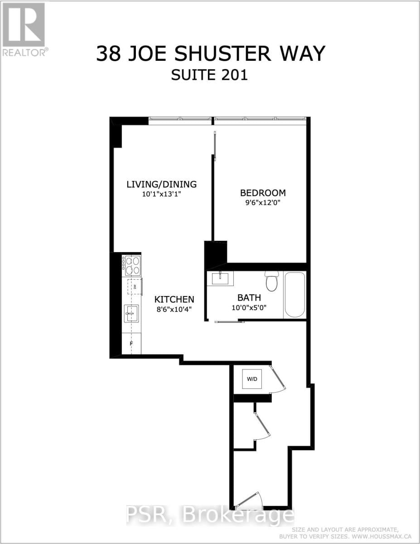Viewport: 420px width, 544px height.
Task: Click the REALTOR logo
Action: tap(24, 29)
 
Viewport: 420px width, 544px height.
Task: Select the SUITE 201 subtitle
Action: tap(209, 75)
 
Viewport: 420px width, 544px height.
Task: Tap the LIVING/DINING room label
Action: tap(161, 184)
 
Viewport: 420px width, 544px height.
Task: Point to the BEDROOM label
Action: tap(263, 192)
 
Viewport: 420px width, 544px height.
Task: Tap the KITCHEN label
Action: tap(174, 299)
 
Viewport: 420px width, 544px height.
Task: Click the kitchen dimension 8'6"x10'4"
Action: tap(174, 311)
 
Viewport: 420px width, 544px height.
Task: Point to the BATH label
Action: tap(249, 298)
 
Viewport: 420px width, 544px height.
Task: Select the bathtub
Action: tap(294, 295)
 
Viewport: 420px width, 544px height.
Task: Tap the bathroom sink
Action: tap(220, 278)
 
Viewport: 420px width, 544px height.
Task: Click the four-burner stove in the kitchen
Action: tap(131, 265)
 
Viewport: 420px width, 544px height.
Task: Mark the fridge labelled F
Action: tap(131, 344)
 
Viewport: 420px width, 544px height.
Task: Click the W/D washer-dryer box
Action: tap(251, 379)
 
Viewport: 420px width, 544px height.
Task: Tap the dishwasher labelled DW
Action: tap(135, 287)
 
